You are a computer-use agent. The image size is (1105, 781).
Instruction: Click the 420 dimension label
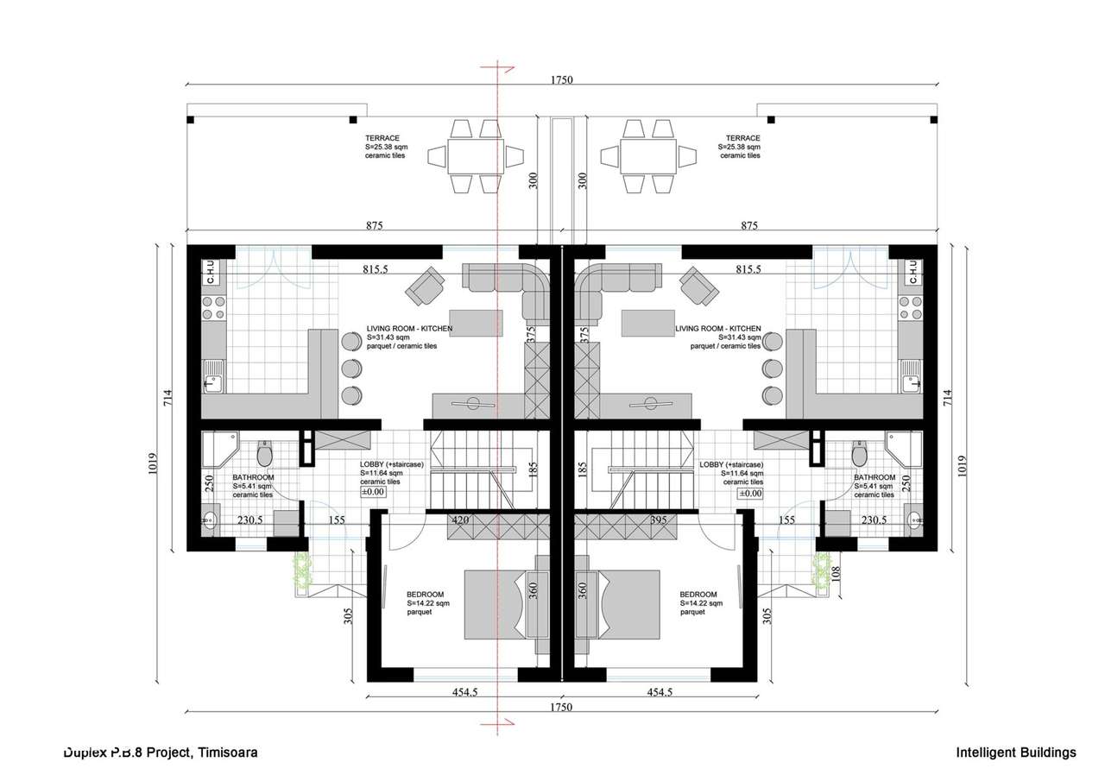[x=460, y=520]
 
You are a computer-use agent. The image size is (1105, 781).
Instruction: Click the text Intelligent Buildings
[x=1016, y=753]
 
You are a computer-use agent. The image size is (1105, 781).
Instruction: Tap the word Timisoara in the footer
[x=228, y=753]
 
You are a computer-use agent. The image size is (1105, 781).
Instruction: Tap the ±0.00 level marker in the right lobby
[x=749, y=494]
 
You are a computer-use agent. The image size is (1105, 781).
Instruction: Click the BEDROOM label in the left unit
[x=426, y=595]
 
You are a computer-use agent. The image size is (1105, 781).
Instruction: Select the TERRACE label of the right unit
[x=742, y=138]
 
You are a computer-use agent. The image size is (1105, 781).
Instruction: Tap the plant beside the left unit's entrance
[x=301, y=570]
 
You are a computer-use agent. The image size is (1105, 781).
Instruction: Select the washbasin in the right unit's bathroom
[x=916, y=520]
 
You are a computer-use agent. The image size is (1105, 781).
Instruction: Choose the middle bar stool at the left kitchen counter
[x=350, y=368]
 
